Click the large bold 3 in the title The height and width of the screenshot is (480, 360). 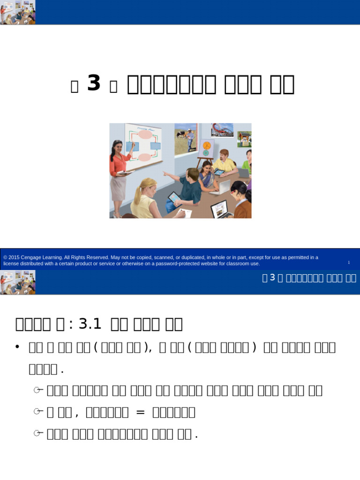point(94,84)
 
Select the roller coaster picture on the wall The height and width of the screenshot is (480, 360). point(222,130)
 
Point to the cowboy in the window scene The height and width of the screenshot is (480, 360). point(190,137)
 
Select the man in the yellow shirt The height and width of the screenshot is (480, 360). point(224,162)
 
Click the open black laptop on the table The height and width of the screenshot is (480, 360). point(221,209)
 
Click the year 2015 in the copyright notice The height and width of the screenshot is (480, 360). point(14,257)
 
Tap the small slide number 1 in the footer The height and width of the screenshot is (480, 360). point(349,262)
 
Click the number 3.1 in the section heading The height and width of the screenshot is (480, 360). point(90,323)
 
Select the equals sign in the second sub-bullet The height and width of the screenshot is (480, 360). point(141,412)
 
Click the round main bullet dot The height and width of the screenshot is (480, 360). point(17,346)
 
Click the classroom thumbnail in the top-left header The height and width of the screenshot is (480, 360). point(17,12)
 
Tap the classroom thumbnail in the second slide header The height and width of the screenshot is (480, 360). point(17,282)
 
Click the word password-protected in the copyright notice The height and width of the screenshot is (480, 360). point(183,263)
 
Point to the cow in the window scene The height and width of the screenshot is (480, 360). point(180,135)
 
